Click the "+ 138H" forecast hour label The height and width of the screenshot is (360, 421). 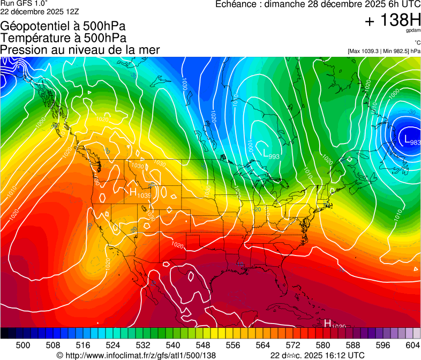(x=393, y=21)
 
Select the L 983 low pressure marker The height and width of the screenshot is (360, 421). (x=412, y=140)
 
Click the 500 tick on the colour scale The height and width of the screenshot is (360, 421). (x=23, y=345)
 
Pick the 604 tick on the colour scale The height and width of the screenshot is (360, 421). (x=412, y=345)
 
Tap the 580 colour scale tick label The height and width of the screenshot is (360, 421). (x=323, y=345)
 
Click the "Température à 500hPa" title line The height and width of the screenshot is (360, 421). (x=63, y=37)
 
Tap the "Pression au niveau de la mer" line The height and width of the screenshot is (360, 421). (x=80, y=50)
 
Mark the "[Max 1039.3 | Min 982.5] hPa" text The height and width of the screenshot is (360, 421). (x=384, y=51)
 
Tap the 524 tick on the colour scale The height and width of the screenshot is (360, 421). (x=113, y=345)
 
